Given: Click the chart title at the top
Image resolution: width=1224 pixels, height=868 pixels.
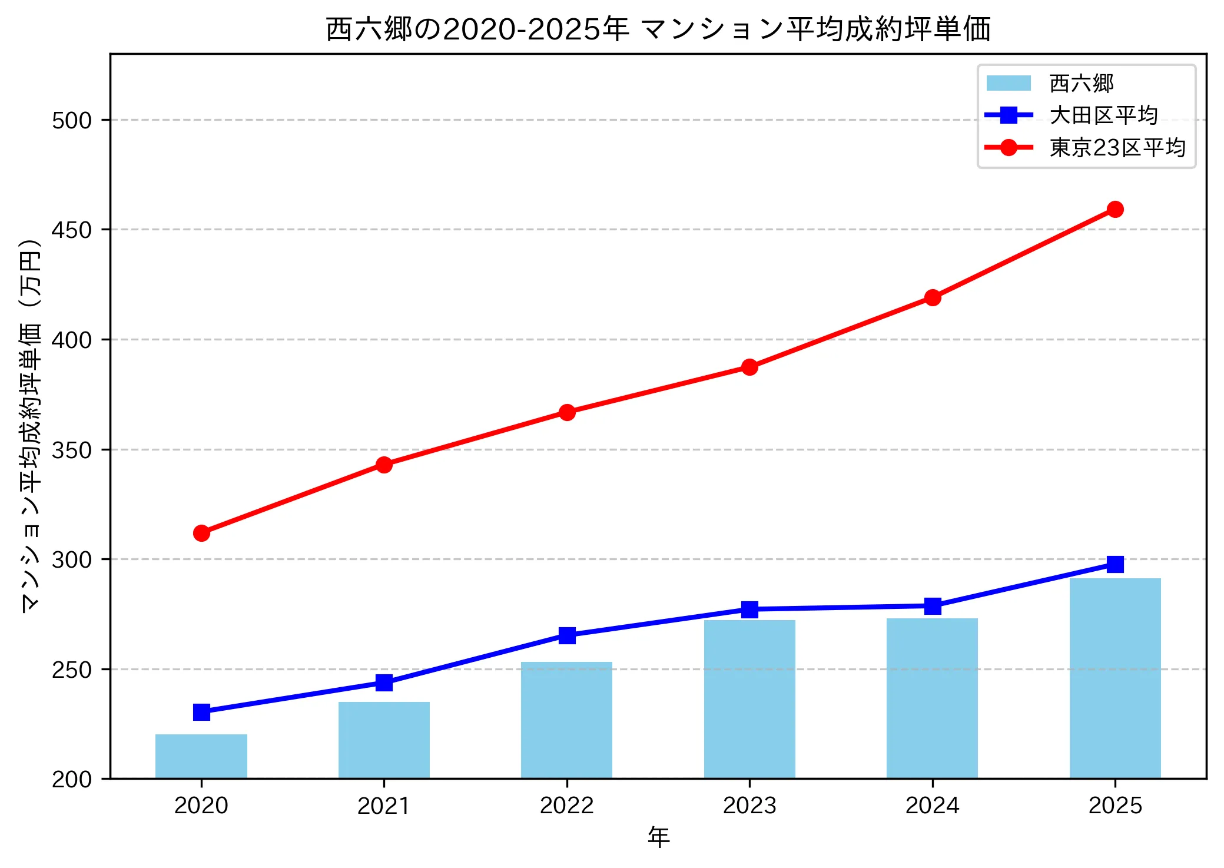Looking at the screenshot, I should tap(658, 29).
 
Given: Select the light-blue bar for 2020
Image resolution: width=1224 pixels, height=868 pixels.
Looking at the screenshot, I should tap(201, 756).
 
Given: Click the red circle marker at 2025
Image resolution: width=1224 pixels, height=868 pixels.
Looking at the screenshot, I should tap(1115, 209).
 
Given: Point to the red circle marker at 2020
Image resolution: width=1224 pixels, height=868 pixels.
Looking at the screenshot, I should tap(201, 533).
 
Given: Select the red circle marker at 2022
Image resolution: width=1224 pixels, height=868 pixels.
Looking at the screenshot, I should tap(567, 412).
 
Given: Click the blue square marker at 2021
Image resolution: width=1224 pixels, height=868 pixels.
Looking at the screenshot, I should tap(384, 683).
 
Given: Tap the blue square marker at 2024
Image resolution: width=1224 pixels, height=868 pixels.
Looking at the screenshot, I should tap(933, 606).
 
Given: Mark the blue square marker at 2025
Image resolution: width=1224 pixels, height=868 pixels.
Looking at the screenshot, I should tap(1115, 564).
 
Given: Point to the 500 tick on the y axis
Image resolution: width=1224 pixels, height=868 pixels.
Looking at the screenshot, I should tap(72, 120).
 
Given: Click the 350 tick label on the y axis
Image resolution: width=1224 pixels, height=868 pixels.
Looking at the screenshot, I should tap(72, 450).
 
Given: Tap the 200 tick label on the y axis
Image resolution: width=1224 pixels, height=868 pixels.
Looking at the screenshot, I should tap(72, 779).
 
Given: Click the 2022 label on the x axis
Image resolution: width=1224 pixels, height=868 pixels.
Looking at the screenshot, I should tap(567, 806).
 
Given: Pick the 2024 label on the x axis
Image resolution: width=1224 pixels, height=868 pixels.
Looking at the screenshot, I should tap(933, 806).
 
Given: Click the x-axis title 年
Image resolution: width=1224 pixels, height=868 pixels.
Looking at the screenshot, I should tap(658, 837).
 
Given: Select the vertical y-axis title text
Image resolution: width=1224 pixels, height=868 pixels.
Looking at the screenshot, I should tap(31, 425).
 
